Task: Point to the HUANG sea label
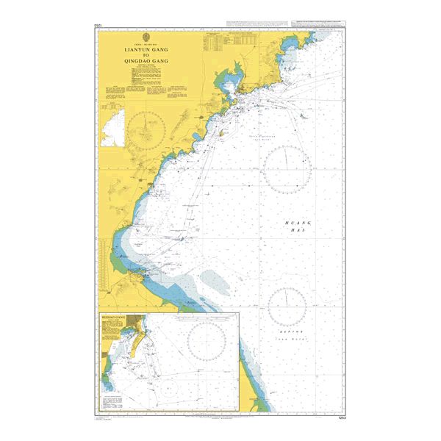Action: tap(299, 222)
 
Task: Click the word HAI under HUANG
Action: tap(299, 231)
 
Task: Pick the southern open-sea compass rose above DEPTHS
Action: tap(287, 306)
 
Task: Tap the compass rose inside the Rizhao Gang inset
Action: tap(208, 339)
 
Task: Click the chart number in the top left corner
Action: tap(98, 26)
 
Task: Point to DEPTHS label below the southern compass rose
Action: tap(287, 331)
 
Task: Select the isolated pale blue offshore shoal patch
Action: tap(213, 279)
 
